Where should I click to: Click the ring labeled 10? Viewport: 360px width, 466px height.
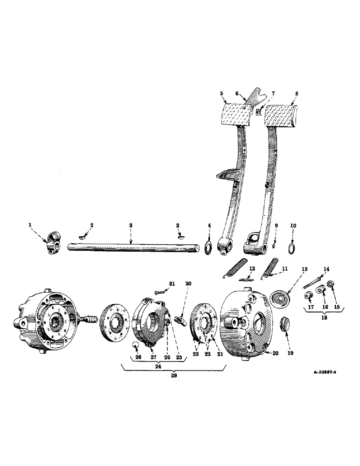pos(292,247)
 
